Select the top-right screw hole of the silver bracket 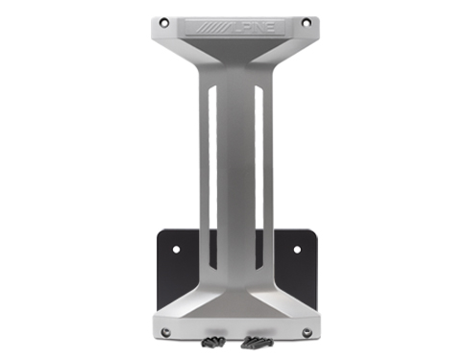306,22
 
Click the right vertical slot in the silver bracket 259,173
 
